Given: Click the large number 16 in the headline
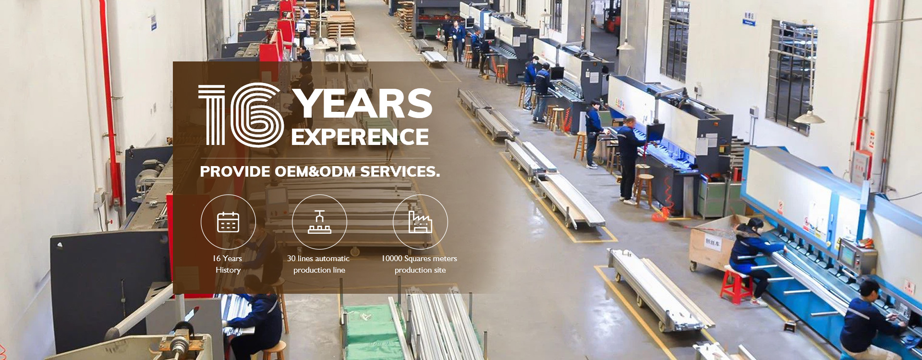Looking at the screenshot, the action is tap(240, 115).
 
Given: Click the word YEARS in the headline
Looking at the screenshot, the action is tap(363, 103).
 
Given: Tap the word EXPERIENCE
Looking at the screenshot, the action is tap(360, 137).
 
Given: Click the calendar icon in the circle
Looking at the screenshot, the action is tap(228, 222).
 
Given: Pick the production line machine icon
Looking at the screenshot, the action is tap(319, 222).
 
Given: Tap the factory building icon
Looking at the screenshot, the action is tap(420, 222).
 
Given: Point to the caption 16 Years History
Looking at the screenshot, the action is tap(228, 264).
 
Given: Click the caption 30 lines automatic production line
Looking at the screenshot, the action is tap(318, 264).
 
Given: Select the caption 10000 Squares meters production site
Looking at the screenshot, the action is tap(419, 264).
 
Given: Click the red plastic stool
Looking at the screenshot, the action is tap(736, 286).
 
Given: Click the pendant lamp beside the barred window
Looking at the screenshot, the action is tap(809, 116).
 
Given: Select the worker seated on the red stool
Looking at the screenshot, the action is tap(754, 259).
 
